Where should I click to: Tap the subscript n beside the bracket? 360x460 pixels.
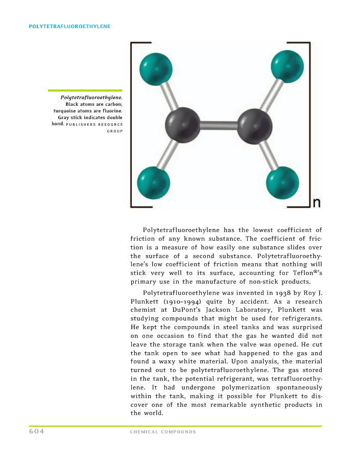316,203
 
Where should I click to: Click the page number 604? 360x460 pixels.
37,431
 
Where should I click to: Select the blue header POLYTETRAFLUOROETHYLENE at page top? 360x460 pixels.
69,26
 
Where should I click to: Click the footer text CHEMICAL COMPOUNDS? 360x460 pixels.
163,432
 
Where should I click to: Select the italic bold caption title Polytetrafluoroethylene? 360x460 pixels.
91,97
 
